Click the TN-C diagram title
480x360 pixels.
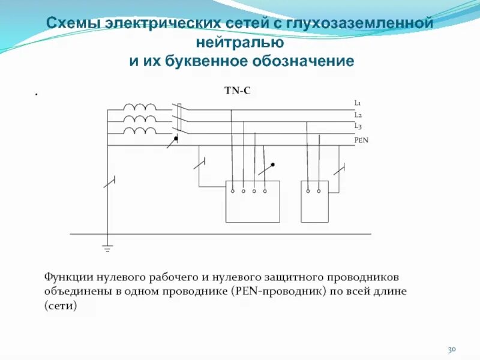point(237,91)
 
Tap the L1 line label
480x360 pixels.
point(357,103)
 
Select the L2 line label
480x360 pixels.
point(357,115)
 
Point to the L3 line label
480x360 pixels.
point(357,126)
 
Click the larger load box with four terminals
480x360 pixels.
point(253,201)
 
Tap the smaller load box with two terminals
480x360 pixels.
point(314,201)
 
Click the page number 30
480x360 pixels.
point(452,349)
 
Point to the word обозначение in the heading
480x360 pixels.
point(305,61)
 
